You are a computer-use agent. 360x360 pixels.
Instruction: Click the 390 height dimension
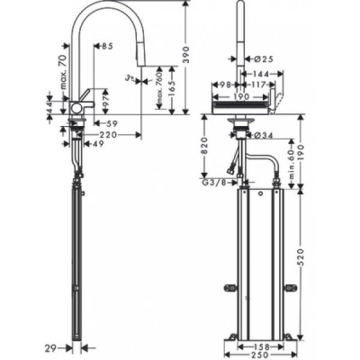pyautogui.click(x=187, y=57)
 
